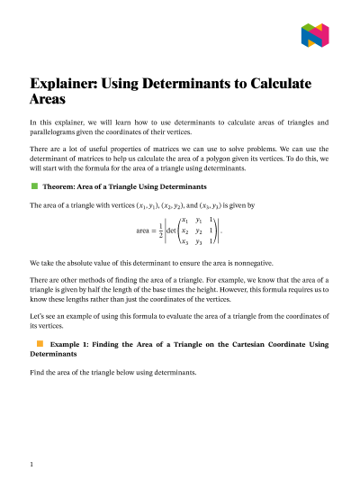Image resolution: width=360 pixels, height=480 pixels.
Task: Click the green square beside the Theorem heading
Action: pyautogui.click(x=34, y=186)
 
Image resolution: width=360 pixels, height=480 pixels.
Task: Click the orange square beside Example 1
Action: pyautogui.click(x=40, y=343)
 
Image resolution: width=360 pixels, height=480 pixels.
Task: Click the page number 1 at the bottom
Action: pyautogui.click(x=31, y=464)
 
